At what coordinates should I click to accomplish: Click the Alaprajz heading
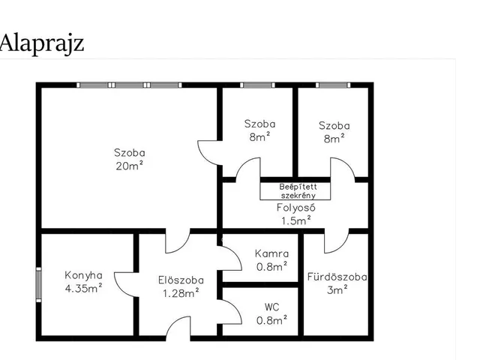tap(42, 43)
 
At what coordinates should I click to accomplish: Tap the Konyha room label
tap(83, 275)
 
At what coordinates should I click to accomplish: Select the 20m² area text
tap(130, 166)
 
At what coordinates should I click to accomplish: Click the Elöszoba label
tap(181, 280)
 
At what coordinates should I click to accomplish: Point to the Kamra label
tap(271, 253)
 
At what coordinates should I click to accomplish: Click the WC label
tap(271, 307)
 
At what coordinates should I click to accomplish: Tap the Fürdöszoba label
tap(337, 277)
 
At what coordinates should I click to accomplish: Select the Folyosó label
tap(296, 208)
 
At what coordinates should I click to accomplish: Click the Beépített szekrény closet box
tap(295, 191)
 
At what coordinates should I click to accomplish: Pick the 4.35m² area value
tap(83, 288)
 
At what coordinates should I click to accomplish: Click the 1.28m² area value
tap(181, 293)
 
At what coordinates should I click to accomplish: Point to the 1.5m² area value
tap(296, 220)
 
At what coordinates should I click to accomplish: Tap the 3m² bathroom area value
tap(337, 289)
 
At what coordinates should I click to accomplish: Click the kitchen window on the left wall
tap(38, 285)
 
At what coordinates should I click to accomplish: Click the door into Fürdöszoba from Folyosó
tap(337, 241)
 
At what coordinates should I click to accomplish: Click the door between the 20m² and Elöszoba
tap(178, 241)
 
